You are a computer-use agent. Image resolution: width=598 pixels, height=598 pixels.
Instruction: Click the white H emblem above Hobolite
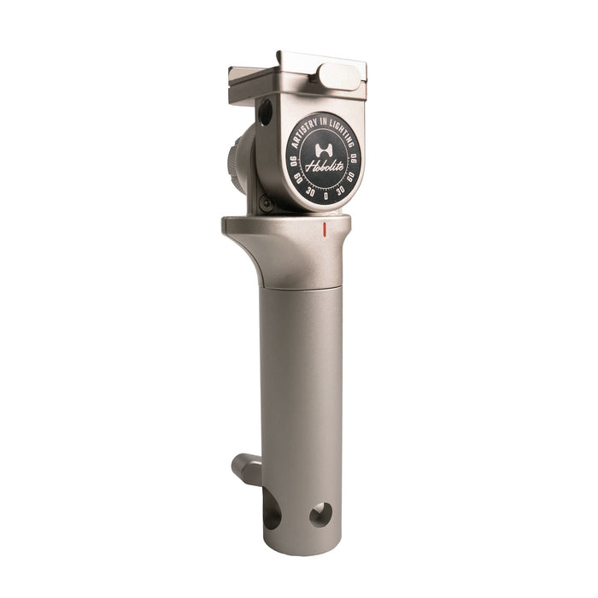tap(323, 147)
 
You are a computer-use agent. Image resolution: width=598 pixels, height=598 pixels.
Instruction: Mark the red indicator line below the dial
tap(325, 229)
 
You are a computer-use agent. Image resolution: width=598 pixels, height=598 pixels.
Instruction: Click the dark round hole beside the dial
tap(265, 112)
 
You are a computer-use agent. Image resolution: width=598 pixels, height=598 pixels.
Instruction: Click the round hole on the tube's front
tap(320, 513)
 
